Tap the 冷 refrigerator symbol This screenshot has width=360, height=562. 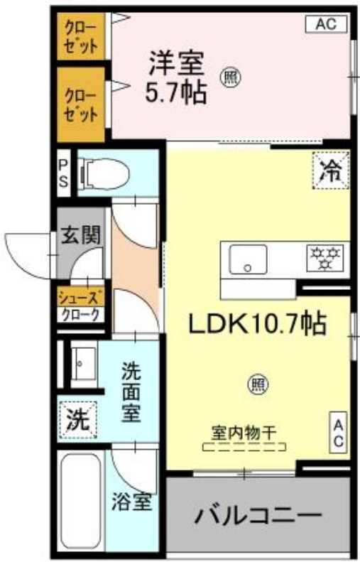pyautogui.click(x=330, y=171)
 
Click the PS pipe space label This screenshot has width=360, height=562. pyautogui.click(x=63, y=173)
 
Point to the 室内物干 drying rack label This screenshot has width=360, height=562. pyautogui.click(x=244, y=431)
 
